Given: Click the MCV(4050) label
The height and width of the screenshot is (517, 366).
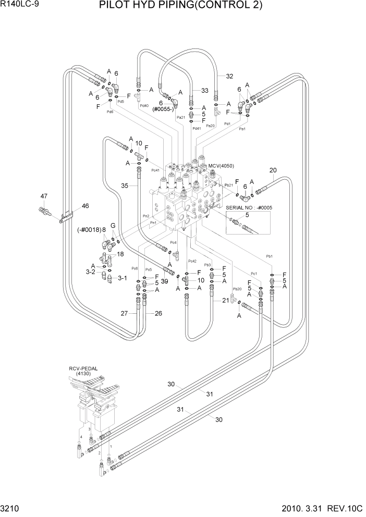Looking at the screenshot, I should (221, 166).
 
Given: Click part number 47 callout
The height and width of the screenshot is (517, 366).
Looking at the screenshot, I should (44, 196).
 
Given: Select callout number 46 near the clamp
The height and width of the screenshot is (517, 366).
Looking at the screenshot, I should (85, 205).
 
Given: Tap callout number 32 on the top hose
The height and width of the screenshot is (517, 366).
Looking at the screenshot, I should (229, 76).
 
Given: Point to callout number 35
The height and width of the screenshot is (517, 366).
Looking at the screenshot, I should (125, 184).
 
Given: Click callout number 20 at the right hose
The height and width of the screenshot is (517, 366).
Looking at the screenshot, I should (273, 170).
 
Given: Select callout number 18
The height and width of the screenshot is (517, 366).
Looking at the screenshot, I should (120, 254).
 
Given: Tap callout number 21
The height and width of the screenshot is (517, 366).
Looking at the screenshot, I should (225, 300).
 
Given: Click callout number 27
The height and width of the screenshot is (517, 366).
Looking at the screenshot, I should (125, 313).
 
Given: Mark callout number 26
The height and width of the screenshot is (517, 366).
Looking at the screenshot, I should (158, 313).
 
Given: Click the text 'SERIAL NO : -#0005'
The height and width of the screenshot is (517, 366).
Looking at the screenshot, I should (249, 207).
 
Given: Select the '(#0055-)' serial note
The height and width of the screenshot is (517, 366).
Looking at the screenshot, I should (163, 110).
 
